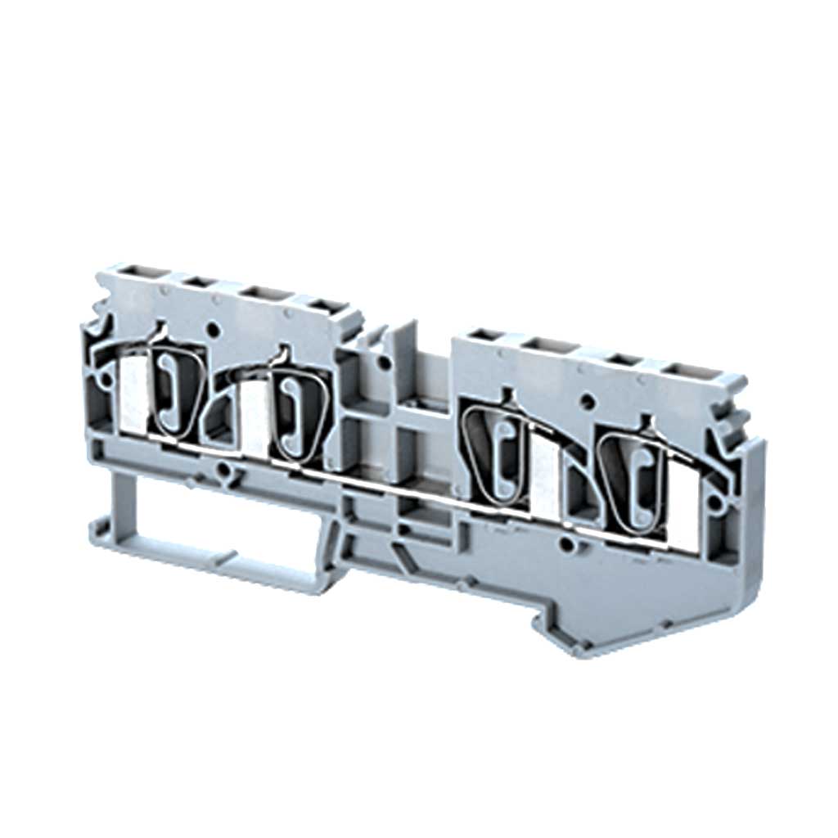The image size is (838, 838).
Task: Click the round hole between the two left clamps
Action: [214, 332]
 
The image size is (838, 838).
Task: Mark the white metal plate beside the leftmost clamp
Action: [133, 397]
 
